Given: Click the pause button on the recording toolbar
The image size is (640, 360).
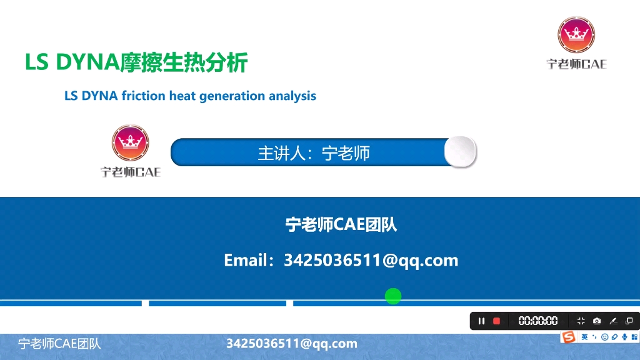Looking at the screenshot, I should point(481,321).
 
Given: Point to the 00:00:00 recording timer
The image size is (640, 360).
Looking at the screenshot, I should point(538,321).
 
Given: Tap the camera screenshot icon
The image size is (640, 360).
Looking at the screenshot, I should point(597,321).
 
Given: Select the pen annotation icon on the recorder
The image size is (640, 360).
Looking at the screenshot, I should point(613,321).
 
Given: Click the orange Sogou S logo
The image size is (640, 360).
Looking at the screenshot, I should point(568,337).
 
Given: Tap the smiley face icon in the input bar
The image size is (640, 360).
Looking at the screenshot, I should point(604,337).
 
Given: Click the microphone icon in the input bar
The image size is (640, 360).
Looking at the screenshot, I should point(624,337).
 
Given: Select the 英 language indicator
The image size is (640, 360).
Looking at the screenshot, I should point(584,337).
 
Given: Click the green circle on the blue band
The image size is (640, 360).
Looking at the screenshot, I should point(392,296).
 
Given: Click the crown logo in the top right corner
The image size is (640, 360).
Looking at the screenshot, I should point(576,36).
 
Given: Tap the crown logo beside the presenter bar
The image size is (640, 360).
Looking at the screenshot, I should point(130,143).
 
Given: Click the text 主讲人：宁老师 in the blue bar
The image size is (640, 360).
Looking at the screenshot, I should point(314,153).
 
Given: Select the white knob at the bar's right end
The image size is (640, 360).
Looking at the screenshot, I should point(460,151).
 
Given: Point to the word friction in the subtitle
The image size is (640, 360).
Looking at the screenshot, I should point(144,96).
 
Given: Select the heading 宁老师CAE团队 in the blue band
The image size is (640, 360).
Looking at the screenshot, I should point(341,224).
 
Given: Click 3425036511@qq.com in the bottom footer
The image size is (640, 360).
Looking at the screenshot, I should point(291,343).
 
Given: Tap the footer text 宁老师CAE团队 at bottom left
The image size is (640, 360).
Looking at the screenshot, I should point(59,343).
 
